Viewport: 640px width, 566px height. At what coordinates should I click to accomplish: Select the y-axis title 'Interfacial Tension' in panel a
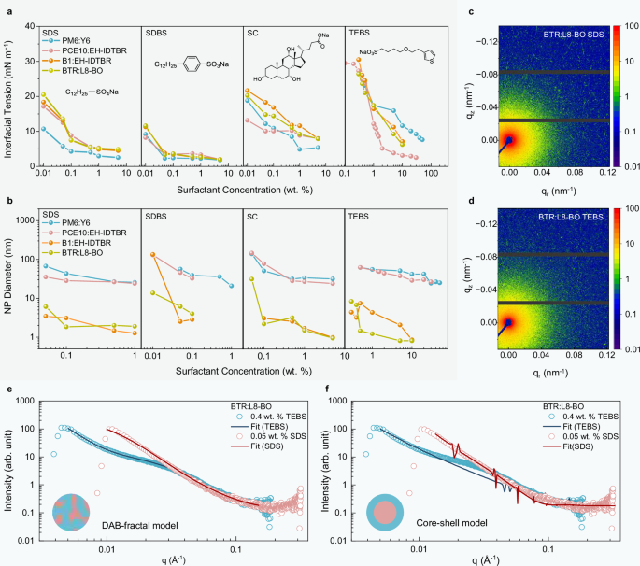tap(10, 98)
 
